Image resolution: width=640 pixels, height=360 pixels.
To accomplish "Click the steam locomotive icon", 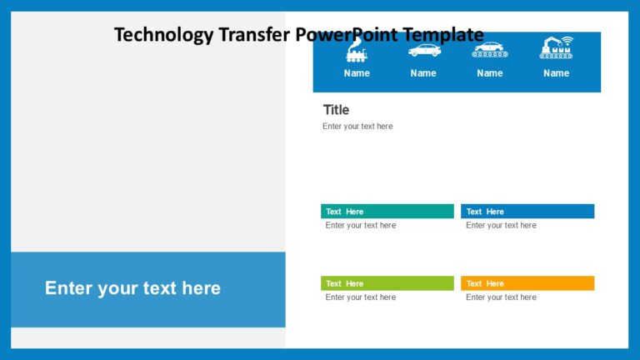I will [357, 52].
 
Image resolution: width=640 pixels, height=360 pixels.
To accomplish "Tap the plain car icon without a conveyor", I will [423, 51].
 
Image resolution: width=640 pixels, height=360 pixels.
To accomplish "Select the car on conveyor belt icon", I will [490, 51].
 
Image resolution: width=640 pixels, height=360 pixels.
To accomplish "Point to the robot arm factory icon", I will [556, 48].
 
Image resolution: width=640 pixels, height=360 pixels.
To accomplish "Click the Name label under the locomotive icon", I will [357, 73].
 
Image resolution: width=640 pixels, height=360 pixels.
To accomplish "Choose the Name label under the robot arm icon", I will [556, 73].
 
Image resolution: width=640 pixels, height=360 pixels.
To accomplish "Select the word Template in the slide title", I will [442, 35].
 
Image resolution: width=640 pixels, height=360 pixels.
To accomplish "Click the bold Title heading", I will [336, 110].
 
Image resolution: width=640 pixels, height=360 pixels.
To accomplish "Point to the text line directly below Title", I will [357, 127].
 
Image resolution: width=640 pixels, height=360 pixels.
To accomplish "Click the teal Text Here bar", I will [387, 212].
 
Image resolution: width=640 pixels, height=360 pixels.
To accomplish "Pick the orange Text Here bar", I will [527, 283].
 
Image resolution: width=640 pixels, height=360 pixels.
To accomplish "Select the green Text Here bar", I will [387, 283].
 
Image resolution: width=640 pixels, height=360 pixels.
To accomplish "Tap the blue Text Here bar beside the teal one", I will [527, 212].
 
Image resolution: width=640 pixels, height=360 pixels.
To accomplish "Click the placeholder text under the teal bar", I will [361, 226].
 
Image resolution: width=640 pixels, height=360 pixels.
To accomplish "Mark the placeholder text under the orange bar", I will [501, 297].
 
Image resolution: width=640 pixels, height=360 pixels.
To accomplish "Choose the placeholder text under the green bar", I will [361, 297].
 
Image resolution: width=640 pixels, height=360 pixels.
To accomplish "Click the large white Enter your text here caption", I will [132, 288].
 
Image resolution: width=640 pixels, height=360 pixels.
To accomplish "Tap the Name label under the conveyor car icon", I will [490, 73].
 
